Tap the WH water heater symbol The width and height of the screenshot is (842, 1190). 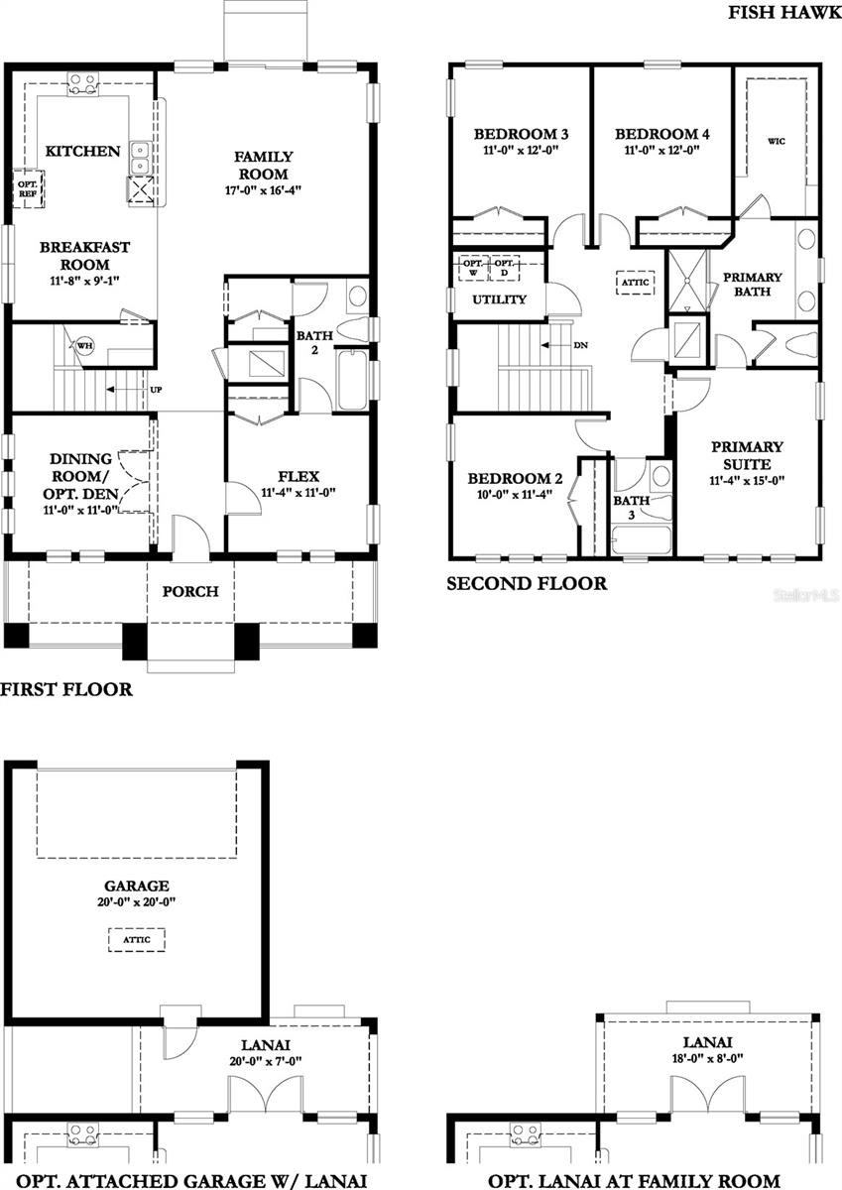pos(84,346)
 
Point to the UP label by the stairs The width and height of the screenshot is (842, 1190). pos(155,390)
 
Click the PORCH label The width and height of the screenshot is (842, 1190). pos(190,592)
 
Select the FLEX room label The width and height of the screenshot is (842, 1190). pos(299,476)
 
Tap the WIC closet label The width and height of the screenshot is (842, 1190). pos(776,142)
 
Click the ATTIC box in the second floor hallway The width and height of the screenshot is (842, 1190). pos(635,283)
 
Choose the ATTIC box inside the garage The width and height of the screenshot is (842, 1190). pos(137,938)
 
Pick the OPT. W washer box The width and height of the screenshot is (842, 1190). pos(474,268)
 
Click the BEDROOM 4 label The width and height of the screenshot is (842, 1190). pos(662,134)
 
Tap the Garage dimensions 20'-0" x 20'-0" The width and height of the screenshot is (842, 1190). pos(137,902)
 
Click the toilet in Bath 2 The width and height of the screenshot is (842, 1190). pos(353,329)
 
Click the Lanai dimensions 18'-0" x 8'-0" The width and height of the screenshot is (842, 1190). pos(707,1059)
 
